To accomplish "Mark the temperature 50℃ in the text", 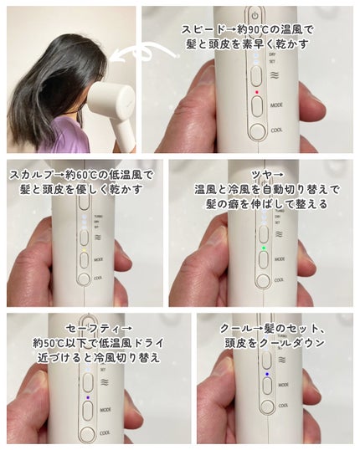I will (x=55, y=342).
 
